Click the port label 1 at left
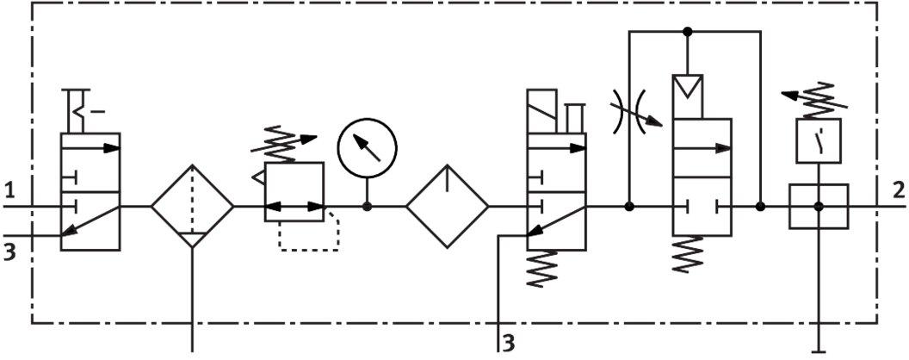coord(9,190)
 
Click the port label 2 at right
coord(899,190)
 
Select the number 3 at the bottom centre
coord(508,343)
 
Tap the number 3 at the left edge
coord(9,253)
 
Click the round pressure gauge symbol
coord(368,147)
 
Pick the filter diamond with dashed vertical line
coord(193,207)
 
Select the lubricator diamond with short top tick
coord(447,207)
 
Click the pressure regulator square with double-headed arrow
coord(294,192)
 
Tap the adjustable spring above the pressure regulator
coord(284,144)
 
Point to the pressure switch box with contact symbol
coord(818,141)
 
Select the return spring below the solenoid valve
coord(541,269)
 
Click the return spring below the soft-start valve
coord(688,254)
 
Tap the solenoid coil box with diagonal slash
coord(542,111)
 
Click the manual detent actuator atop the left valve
coord(79,111)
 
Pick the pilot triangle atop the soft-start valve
coord(688,89)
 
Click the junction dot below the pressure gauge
coord(367,207)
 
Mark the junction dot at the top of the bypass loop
coord(688,31)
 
